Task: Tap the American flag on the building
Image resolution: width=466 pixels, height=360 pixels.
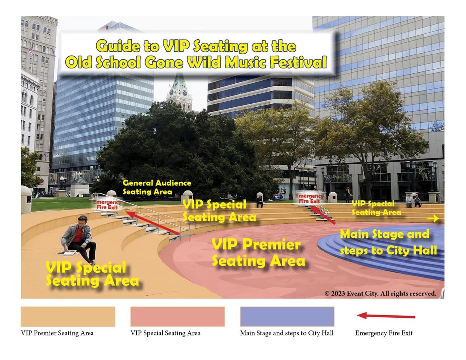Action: (31, 50)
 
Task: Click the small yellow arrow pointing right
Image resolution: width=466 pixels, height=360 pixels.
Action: (433, 219)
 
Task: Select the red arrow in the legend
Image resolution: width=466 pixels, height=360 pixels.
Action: (386, 316)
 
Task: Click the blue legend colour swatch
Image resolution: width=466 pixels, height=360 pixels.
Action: (287, 317)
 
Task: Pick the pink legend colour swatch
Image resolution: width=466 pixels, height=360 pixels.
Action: (177, 317)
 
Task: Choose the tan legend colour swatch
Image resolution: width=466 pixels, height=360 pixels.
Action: (68, 317)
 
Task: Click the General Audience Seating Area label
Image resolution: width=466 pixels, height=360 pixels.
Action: (156, 188)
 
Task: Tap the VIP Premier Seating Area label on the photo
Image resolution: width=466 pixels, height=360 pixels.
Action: (258, 253)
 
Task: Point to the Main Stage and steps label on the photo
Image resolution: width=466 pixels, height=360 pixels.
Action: (388, 242)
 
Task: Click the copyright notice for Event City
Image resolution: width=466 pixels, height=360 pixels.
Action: (381, 293)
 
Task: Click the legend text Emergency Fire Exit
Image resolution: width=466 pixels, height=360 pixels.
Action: (384, 333)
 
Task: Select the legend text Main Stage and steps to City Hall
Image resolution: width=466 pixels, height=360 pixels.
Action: (287, 333)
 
